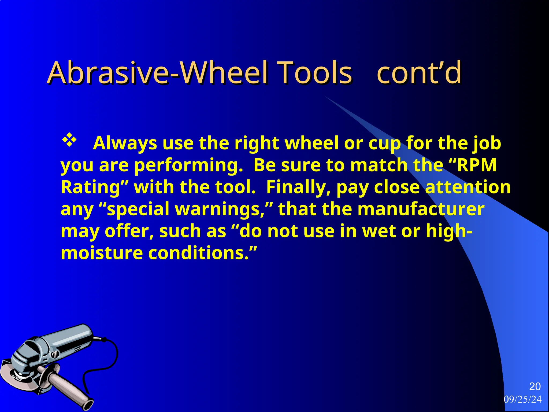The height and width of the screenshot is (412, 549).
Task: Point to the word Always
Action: (125, 143)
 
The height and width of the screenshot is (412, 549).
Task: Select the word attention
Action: (468, 187)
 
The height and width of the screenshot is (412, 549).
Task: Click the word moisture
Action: (102, 253)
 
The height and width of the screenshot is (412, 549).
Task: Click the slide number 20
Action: (535, 387)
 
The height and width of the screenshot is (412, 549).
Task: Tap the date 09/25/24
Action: (522, 399)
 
